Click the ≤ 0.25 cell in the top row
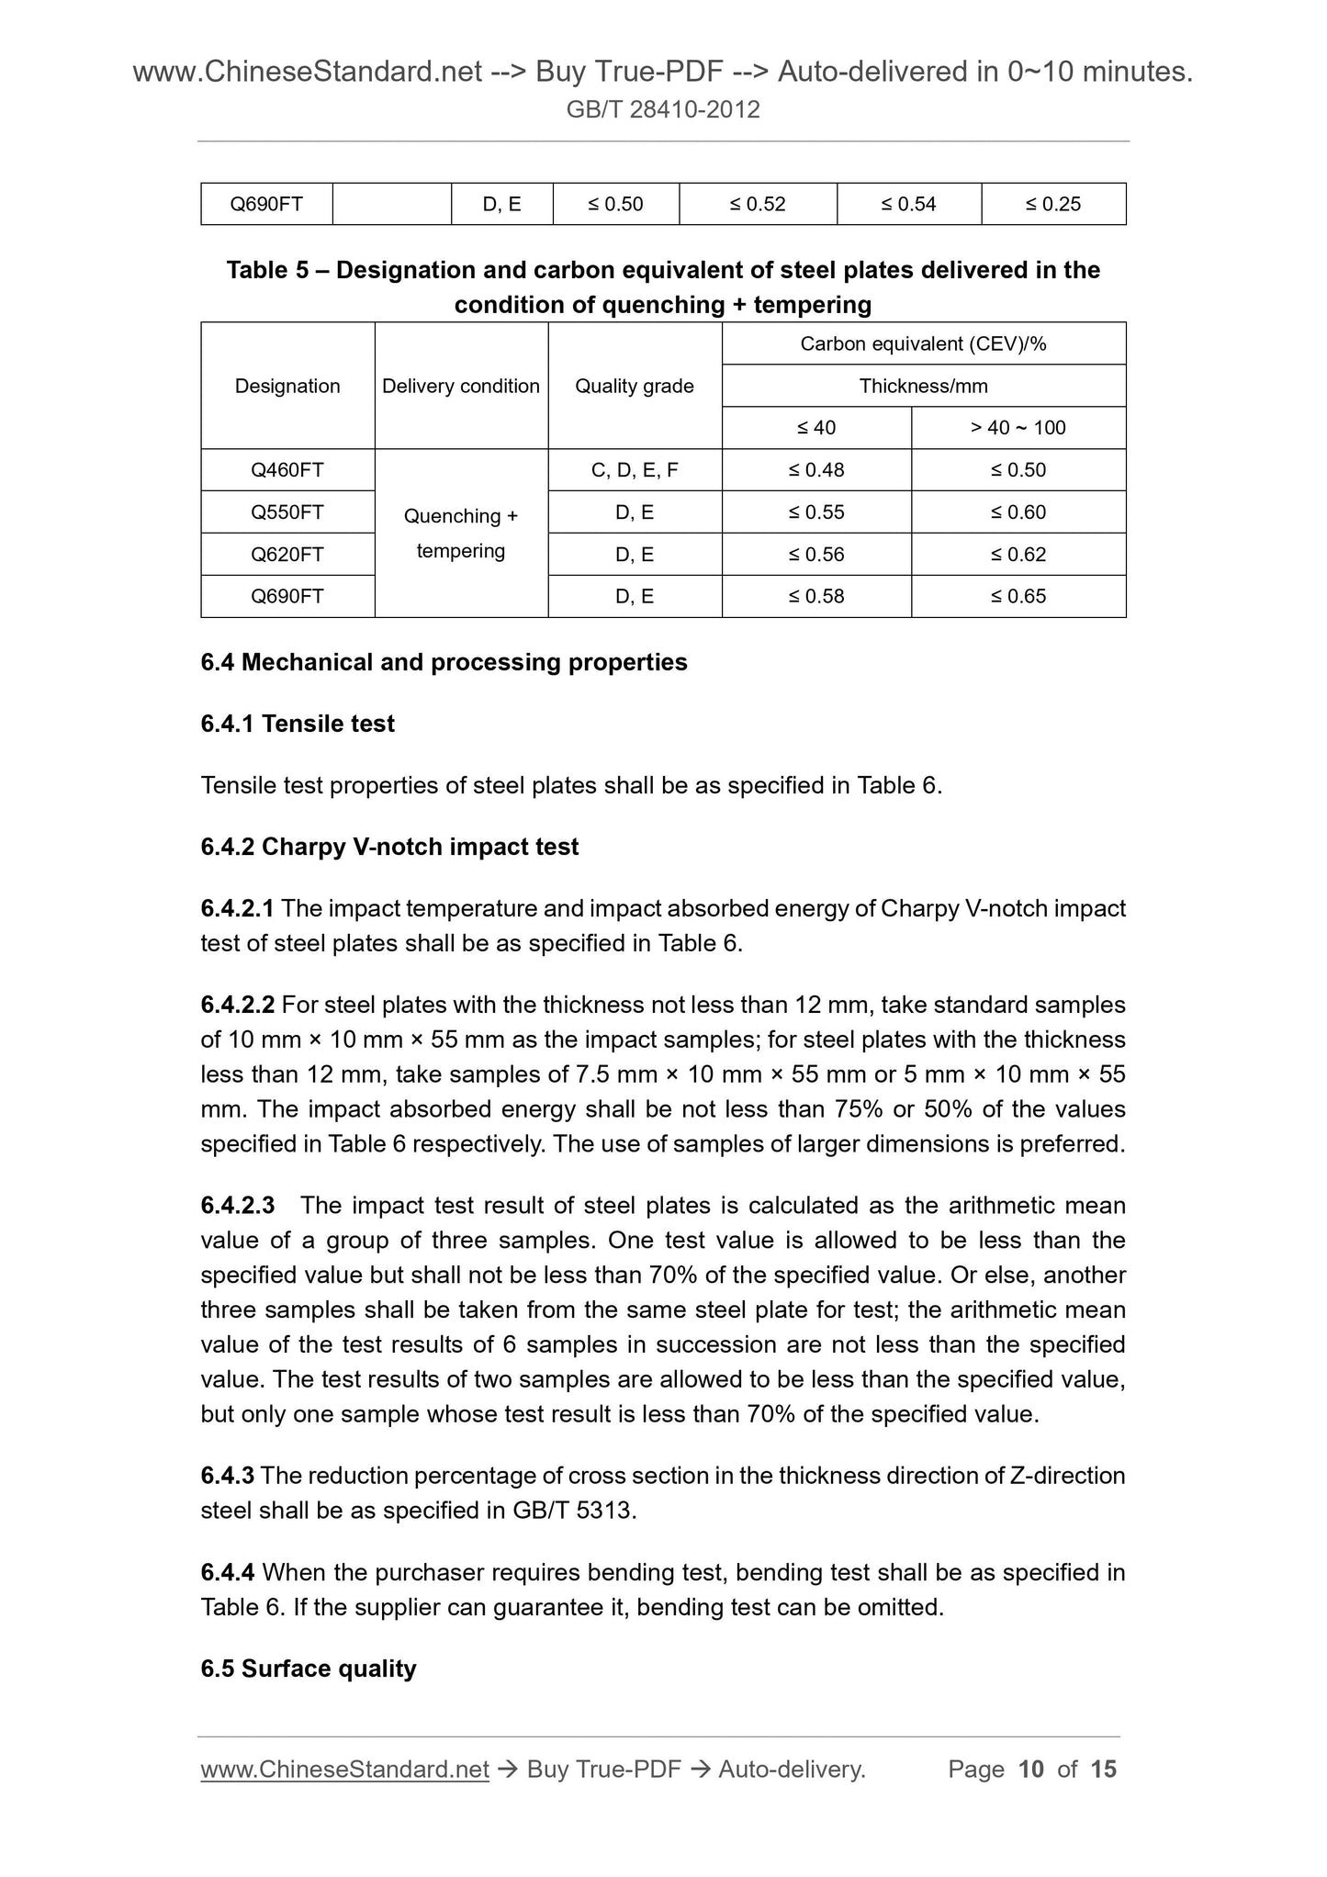click(1053, 204)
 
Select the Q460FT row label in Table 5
click(287, 470)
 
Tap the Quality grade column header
click(635, 386)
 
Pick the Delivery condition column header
click(461, 386)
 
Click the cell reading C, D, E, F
click(635, 470)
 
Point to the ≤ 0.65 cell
click(1018, 596)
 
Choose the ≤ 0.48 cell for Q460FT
click(816, 470)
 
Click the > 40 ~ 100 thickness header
click(1018, 428)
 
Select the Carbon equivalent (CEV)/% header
click(924, 343)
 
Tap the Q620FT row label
click(287, 554)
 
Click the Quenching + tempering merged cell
click(461, 534)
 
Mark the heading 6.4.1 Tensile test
click(298, 724)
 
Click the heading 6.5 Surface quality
click(309, 1669)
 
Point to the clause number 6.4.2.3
click(238, 1205)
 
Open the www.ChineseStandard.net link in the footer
click(344, 1770)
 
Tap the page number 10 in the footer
click(1031, 1770)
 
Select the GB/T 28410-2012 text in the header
click(663, 110)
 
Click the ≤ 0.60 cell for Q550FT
click(1018, 512)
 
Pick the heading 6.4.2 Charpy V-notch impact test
click(389, 847)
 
